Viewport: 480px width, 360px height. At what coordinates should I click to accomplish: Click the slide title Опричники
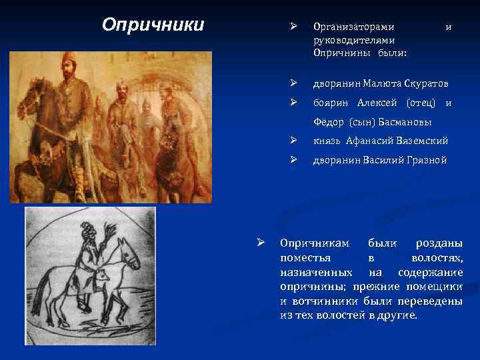pyautogui.click(x=153, y=25)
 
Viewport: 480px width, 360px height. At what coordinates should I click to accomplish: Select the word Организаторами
pyautogui.click(x=353, y=27)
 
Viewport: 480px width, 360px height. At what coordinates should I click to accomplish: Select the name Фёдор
pyautogui.click(x=328, y=122)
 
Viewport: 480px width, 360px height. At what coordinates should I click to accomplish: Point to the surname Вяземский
pyautogui.click(x=422, y=141)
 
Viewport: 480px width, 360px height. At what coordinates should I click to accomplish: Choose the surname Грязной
pyautogui.click(x=425, y=160)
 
